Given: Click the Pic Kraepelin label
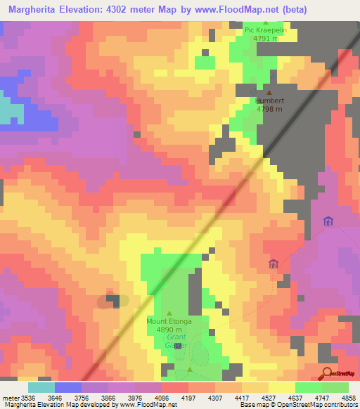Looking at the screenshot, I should click(266, 30).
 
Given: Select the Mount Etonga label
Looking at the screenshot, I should click(169, 321).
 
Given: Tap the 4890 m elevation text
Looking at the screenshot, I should click(169, 330).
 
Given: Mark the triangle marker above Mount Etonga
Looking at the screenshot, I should click(169, 313).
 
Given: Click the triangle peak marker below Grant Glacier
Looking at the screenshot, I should click(189, 369).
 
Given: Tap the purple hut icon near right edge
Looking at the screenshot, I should click(327, 222).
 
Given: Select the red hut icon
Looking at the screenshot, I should click(273, 264).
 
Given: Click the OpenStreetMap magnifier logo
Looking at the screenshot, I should click(327, 372).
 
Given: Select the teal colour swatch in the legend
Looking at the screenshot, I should click(41, 387).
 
